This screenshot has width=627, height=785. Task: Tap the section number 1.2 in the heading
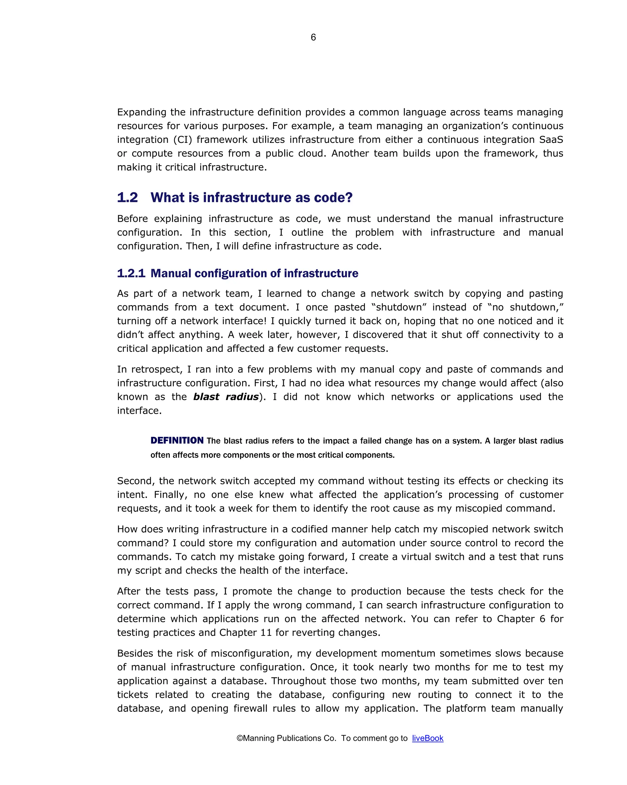tap(127, 197)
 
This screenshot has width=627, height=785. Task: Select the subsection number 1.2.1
tap(131, 273)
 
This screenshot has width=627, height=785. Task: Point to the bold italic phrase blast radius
tap(226, 397)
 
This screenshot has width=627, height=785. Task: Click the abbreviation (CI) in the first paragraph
tap(182, 139)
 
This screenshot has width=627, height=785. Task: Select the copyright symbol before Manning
tap(239, 738)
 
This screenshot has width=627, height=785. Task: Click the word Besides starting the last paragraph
tap(135, 653)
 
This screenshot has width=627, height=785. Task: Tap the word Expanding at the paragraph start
tap(142, 112)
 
